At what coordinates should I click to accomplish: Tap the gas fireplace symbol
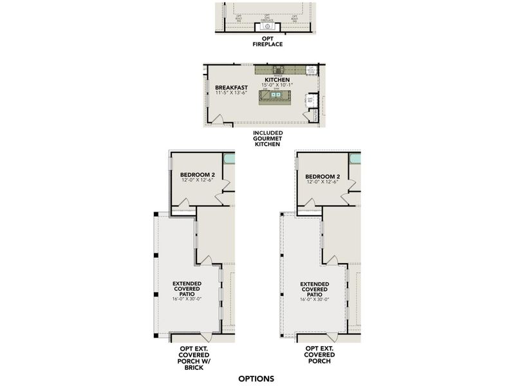(x=267, y=26)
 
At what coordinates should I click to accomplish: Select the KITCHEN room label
(x=276, y=80)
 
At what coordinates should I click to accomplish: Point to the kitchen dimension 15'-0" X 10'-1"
(x=276, y=86)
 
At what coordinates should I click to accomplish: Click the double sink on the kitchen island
(x=276, y=95)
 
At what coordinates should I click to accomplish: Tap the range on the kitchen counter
(x=278, y=69)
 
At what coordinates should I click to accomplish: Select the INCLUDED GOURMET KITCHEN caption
(x=267, y=139)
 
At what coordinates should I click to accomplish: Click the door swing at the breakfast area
(x=219, y=120)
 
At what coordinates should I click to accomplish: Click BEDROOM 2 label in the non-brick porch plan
(x=322, y=176)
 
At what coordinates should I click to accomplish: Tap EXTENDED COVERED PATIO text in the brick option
(x=187, y=289)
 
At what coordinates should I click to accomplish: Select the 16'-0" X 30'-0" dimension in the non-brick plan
(x=315, y=300)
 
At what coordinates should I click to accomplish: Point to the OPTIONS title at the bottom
(x=256, y=378)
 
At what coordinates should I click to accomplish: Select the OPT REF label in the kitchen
(x=310, y=100)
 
